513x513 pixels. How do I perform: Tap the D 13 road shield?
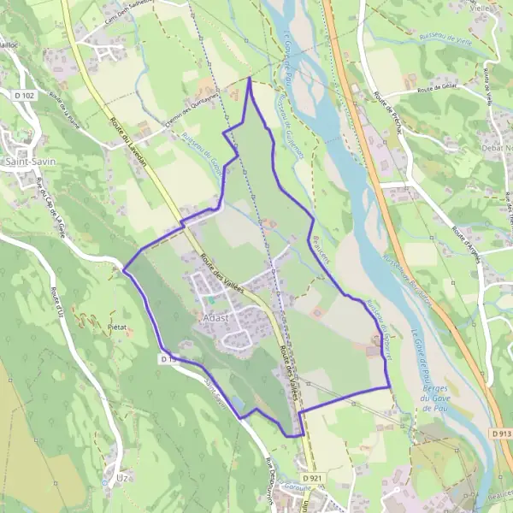[x=168, y=359]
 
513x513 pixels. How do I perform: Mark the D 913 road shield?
[x=501, y=433]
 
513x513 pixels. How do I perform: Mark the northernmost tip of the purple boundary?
[x=250, y=78]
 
